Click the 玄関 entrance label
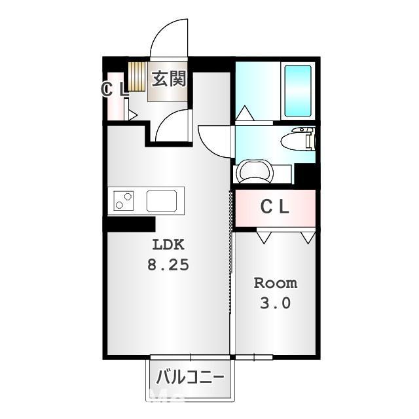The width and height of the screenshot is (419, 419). [170, 79]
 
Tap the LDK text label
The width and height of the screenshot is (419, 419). [170, 246]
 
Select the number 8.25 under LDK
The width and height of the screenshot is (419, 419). [170, 266]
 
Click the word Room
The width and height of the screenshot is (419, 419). [275, 283]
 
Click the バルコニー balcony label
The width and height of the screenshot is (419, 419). [190, 378]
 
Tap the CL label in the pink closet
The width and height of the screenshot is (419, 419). [275, 207]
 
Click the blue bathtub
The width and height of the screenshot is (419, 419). [298, 90]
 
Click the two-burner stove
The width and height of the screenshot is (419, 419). [124, 200]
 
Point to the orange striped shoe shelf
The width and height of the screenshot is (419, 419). [136, 76]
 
